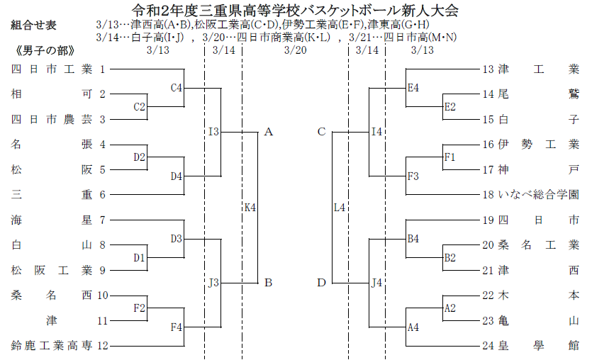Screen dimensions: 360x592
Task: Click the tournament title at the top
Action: click(296, 10)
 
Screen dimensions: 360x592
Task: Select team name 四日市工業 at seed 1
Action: click(52, 69)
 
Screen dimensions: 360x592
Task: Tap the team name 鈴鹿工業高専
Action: click(52, 346)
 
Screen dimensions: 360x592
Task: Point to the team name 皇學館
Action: click(539, 346)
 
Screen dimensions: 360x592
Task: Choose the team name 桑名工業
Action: click(539, 245)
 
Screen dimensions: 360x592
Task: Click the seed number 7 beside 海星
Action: click(103, 220)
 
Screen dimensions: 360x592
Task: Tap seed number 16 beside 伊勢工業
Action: click(488, 145)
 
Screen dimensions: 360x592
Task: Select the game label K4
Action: click(250, 207)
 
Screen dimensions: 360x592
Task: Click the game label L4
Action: click(340, 207)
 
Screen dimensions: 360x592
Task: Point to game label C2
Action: click(140, 107)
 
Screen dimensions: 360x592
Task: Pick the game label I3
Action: click(213, 132)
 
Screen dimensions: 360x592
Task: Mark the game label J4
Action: click(377, 283)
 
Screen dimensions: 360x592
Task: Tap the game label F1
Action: click(449, 157)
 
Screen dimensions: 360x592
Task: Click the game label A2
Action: click(449, 308)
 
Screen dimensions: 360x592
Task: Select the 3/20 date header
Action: click(295, 50)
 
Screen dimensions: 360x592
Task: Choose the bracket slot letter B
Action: click(269, 283)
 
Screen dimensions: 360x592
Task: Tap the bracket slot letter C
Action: click(321, 132)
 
